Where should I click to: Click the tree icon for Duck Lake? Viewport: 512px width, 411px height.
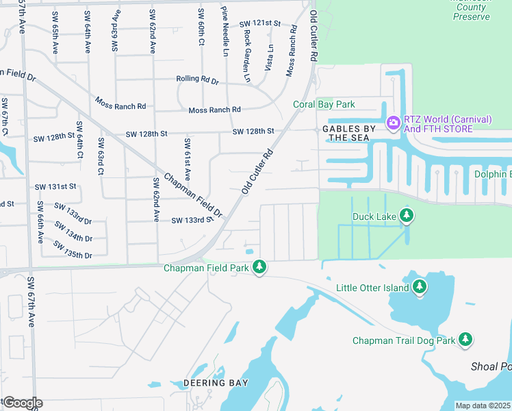(x=407, y=217)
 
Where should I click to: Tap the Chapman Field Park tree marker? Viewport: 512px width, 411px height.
(x=259, y=268)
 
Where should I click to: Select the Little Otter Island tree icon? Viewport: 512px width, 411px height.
(x=420, y=288)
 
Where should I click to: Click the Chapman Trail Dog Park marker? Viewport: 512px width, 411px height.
(x=465, y=340)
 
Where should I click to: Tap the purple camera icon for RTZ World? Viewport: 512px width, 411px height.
(x=394, y=123)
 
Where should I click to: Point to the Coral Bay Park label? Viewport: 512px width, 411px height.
(x=324, y=104)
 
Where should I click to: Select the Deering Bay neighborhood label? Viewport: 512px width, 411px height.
(x=216, y=382)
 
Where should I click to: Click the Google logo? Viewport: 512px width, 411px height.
(x=22, y=403)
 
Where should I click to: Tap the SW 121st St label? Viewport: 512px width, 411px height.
(x=260, y=23)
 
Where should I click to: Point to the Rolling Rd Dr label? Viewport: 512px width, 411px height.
(x=197, y=80)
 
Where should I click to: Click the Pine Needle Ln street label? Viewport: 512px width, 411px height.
(x=225, y=31)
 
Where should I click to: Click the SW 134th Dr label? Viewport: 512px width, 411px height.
(x=73, y=233)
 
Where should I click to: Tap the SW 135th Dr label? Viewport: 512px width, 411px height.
(x=73, y=250)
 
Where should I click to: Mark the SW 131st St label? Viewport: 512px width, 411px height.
(x=55, y=186)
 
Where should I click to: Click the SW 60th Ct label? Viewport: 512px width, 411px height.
(x=201, y=27)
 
